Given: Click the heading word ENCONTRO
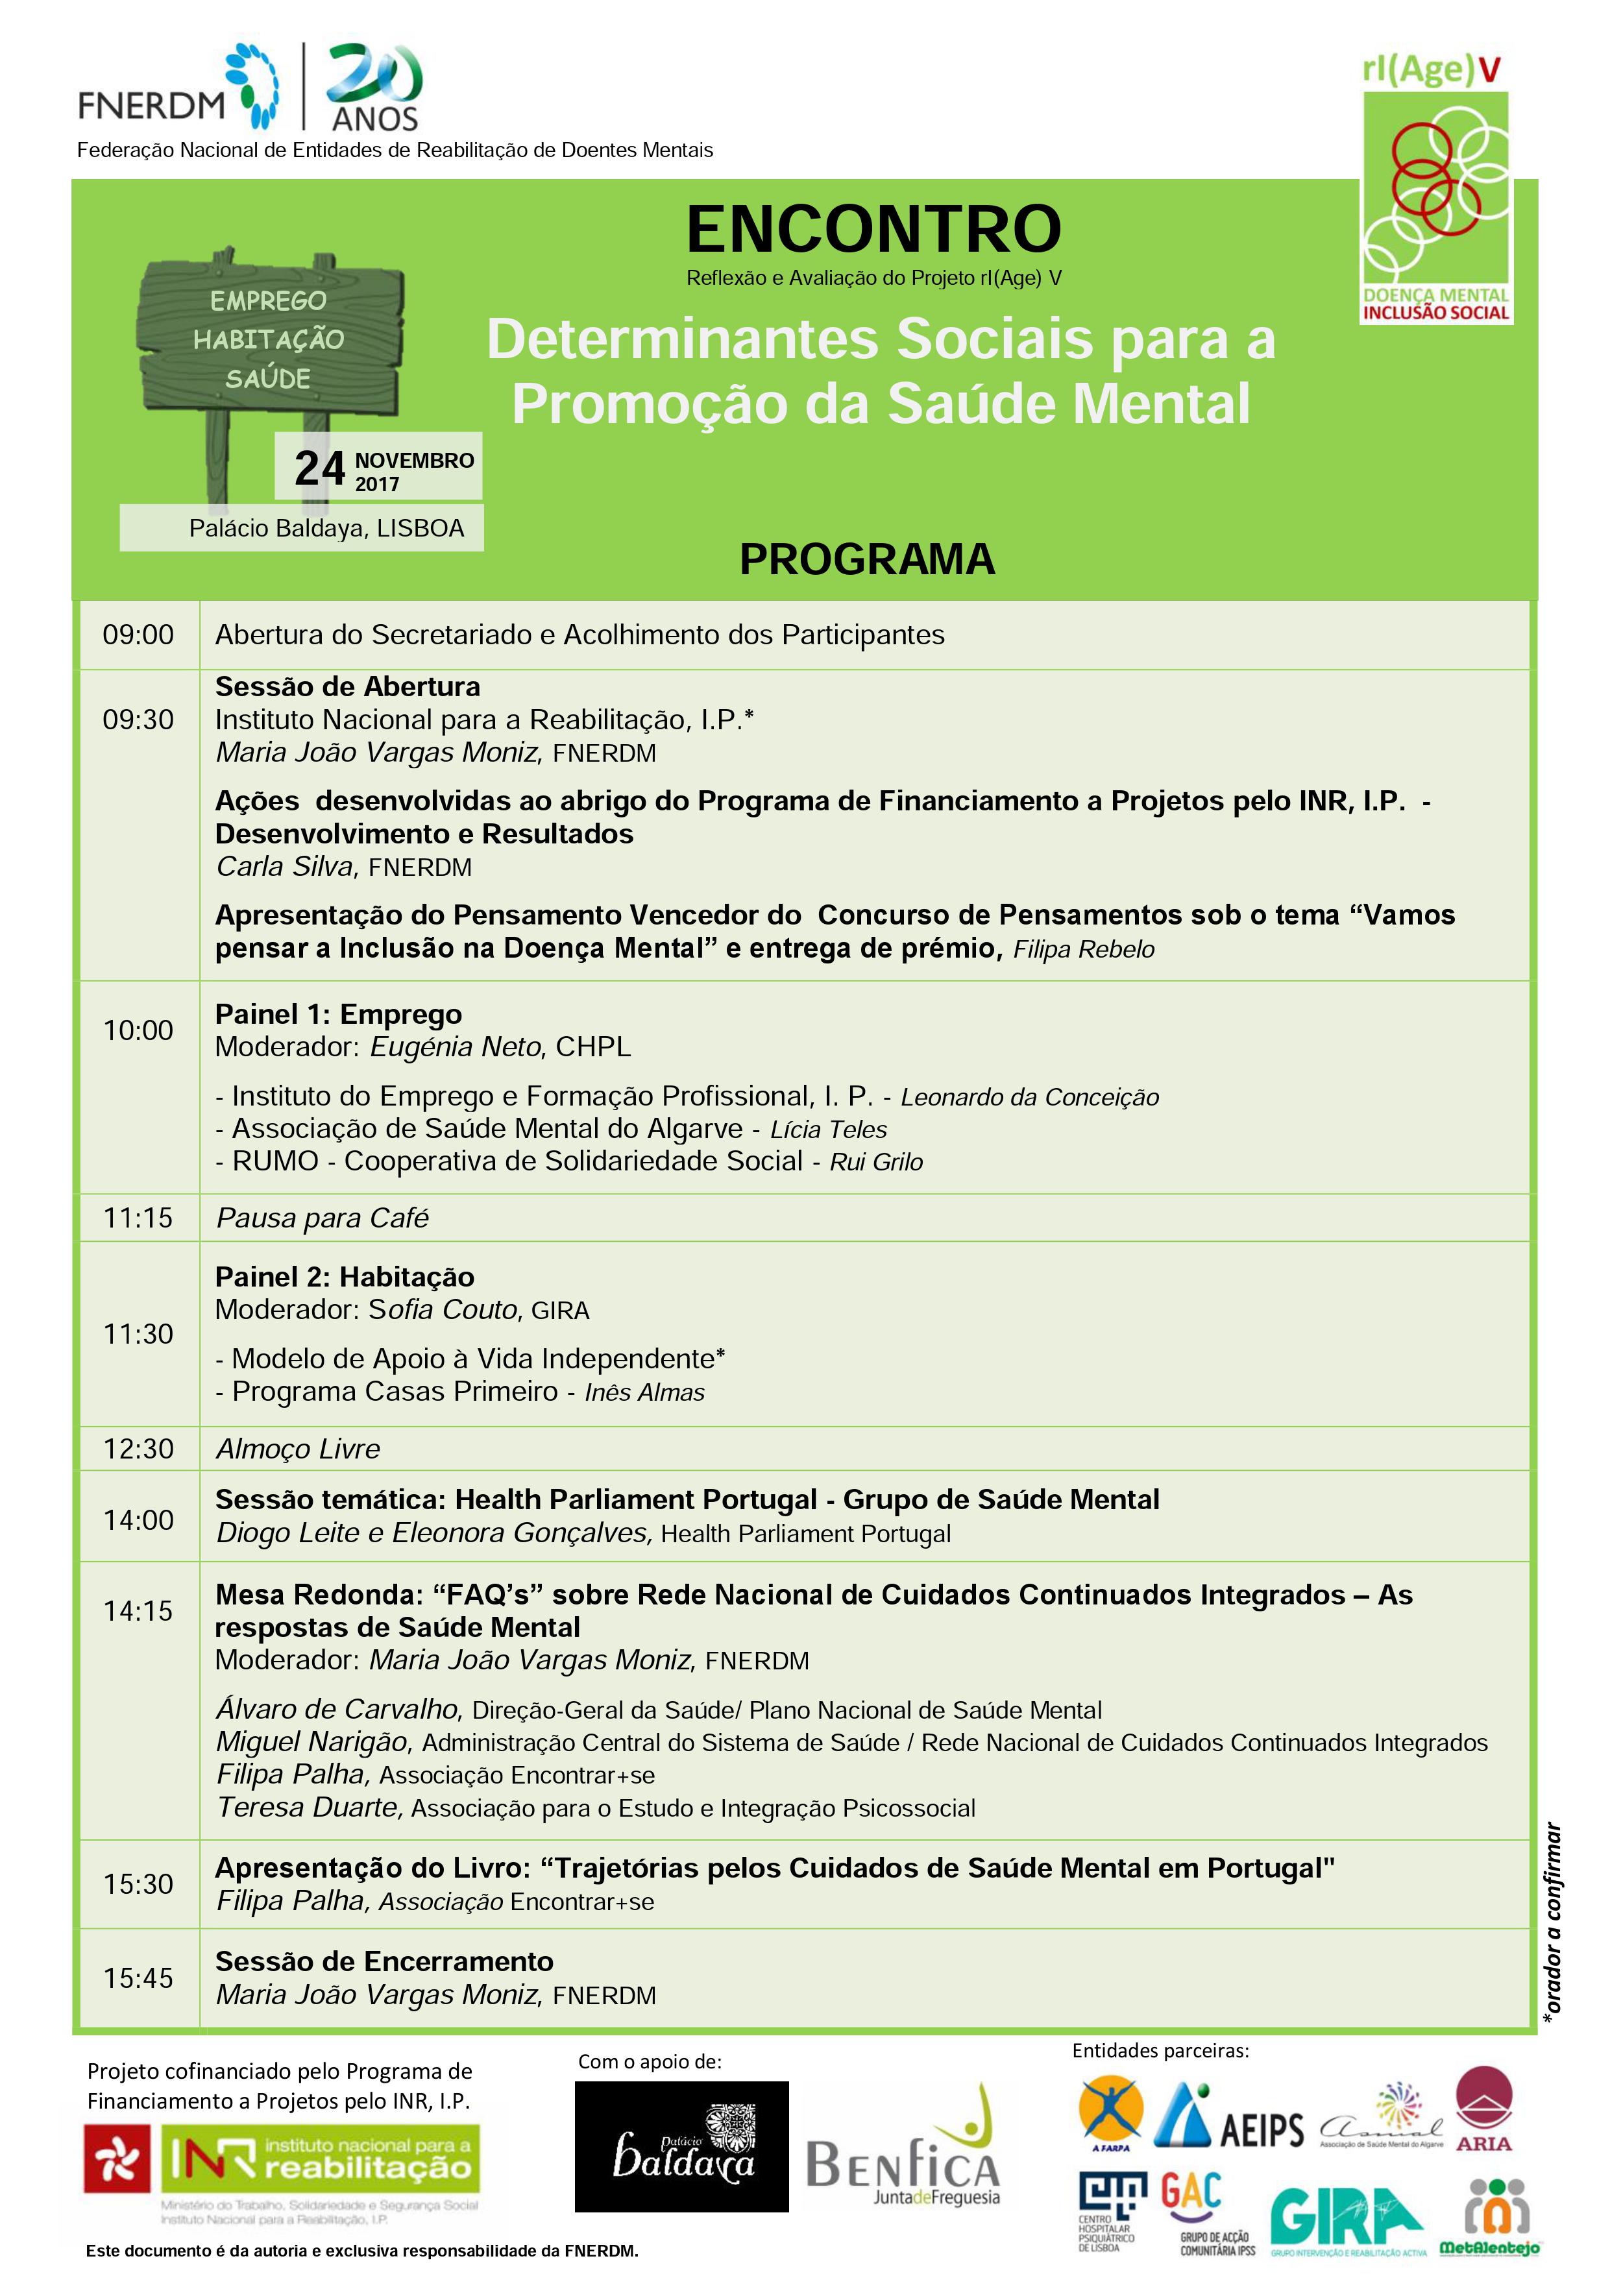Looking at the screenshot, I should (x=873, y=229).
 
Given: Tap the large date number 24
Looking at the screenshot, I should (x=319, y=469).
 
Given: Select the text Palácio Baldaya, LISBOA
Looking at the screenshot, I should (x=326, y=528).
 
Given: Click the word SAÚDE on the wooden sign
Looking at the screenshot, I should (x=267, y=379).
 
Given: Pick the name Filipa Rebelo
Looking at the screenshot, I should (x=1084, y=950).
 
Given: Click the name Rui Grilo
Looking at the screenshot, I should (x=876, y=1162).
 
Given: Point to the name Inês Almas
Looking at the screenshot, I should (x=644, y=1393).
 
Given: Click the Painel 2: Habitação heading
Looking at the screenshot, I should (x=345, y=1277).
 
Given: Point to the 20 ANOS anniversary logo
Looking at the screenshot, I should (x=374, y=87).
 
